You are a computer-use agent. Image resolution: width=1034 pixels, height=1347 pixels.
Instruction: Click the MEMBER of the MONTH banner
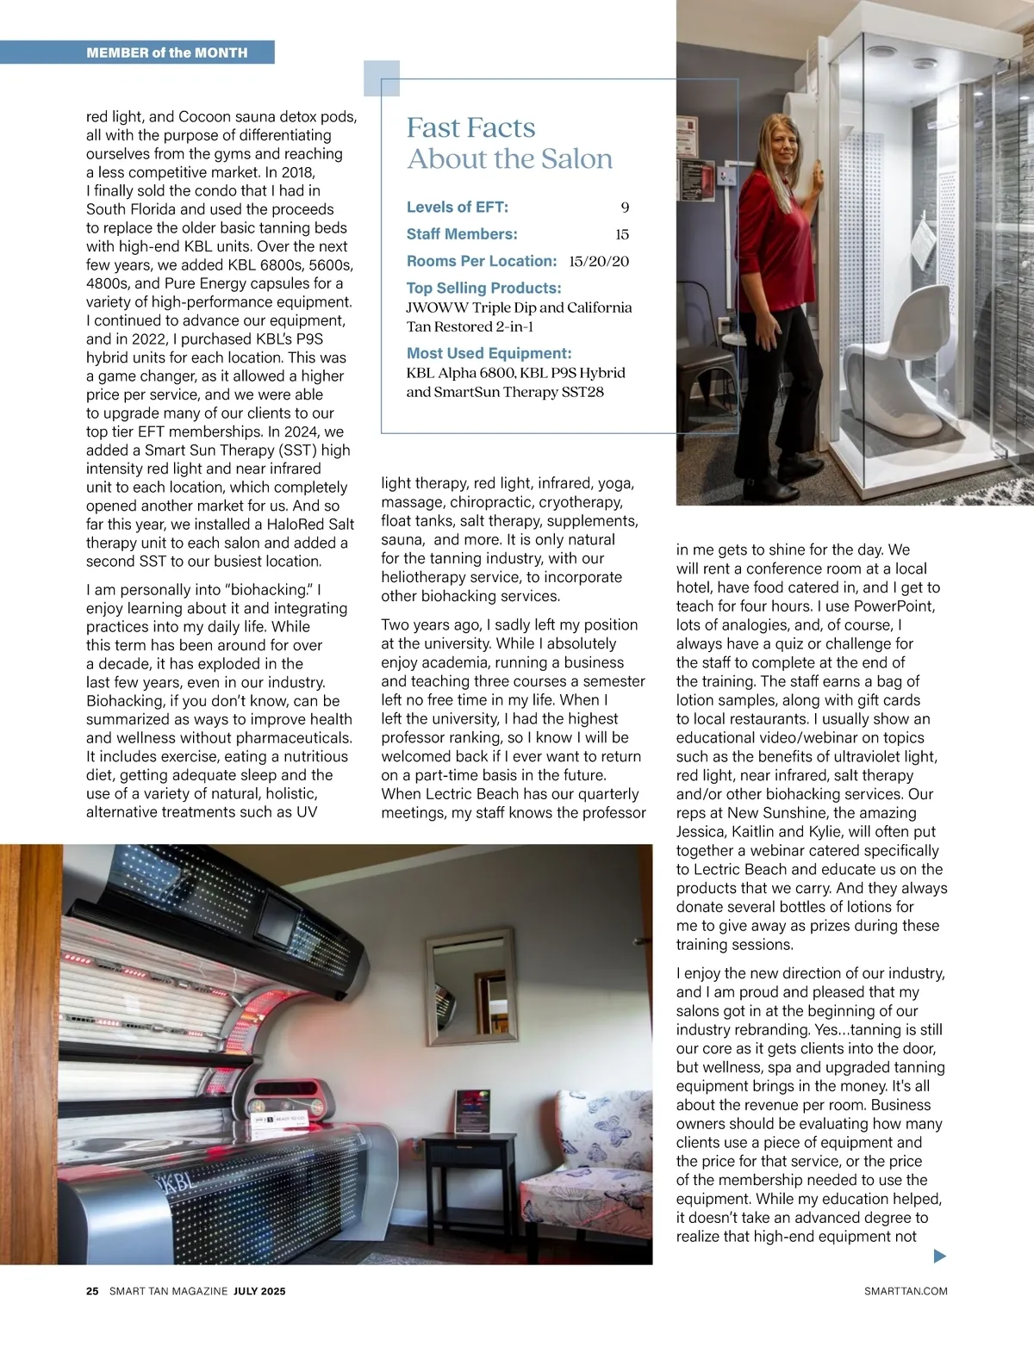(167, 53)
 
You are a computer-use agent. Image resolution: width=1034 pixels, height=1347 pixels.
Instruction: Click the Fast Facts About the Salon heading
(509, 143)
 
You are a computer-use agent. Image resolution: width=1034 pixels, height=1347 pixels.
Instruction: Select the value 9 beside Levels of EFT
(625, 208)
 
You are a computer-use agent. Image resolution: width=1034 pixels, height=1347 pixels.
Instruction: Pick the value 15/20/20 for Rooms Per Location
(599, 261)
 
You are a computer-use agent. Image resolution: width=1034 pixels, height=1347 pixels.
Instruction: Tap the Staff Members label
(462, 234)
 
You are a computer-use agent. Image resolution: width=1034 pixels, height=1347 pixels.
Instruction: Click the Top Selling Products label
(483, 288)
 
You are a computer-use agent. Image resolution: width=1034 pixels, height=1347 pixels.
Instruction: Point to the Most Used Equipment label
(489, 353)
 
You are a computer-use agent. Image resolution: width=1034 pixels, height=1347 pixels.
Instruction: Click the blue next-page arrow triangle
(940, 1256)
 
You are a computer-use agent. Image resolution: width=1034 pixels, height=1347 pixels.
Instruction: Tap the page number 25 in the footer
(92, 1291)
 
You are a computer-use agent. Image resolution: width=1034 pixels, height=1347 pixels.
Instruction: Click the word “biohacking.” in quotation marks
(267, 590)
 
